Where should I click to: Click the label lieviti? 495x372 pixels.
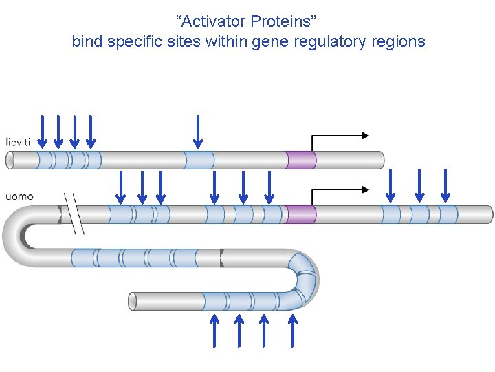[18, 141]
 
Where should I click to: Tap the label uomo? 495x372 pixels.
[19, 196]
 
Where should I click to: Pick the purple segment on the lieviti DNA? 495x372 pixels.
[300, 160]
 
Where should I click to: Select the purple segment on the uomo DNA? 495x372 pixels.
[300, 214]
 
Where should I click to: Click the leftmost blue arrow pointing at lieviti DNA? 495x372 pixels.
[43, 132]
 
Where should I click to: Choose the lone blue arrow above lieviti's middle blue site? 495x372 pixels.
[198, 132]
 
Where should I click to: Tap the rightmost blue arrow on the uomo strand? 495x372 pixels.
[445, 186]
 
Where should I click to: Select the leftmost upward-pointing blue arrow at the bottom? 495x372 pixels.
[214, 331]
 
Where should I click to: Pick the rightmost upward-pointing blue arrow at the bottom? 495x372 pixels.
[293, 331]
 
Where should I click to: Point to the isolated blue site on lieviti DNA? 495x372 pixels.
[199, 160]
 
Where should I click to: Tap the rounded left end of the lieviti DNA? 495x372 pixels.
[10, 160]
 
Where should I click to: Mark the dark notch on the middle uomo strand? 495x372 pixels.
[221, 258]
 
